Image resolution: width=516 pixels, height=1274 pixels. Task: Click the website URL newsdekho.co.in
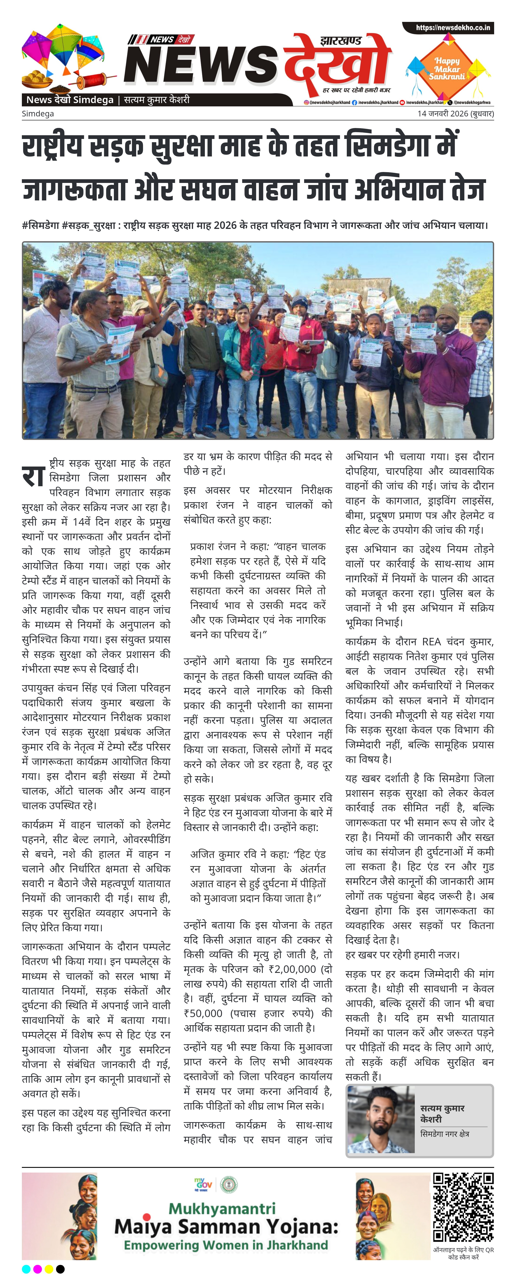[x=453, y=28]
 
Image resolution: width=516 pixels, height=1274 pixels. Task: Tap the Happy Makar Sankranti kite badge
[x=447, y=68]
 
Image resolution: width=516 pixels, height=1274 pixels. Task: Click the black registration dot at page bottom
[x=60, y=1269]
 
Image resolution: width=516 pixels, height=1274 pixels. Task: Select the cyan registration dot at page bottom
[x=26, y=1269]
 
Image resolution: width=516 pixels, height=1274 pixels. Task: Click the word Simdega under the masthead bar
[x=38, y=114]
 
